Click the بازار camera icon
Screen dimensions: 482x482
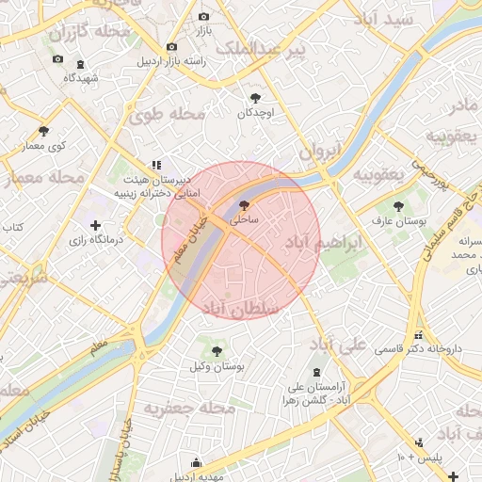coord(204,16)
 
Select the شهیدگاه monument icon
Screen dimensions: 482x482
coord(80,64)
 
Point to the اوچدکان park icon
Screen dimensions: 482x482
coord(255,97)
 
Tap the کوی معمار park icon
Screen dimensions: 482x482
coord(43,131)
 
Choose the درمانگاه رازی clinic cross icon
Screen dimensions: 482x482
coord(95,225)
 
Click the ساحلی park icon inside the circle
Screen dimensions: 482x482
coord(245,204)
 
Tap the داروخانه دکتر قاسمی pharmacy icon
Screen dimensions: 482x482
coord(418,334)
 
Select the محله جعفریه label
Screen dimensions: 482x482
coord(188,408)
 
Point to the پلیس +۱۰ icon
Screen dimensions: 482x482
coord(419,442)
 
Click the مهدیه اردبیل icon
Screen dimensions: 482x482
coord(196,462)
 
